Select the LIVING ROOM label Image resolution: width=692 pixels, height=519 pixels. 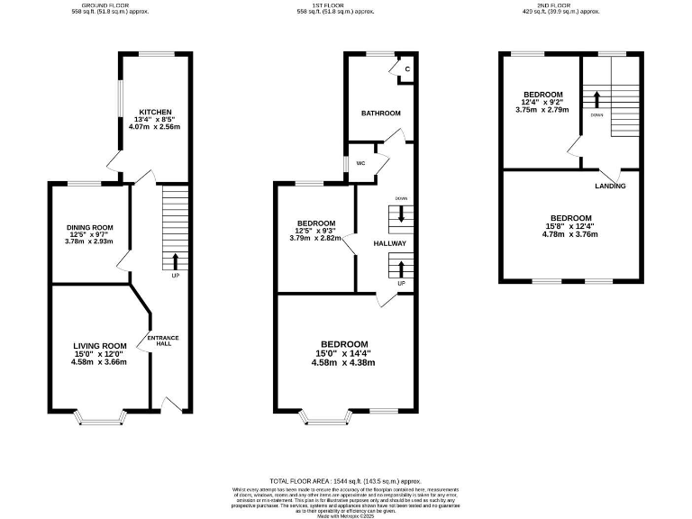(99, 346)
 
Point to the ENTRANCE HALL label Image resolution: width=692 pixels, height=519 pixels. (163, 341)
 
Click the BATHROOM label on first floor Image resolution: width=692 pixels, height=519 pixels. (380, 114)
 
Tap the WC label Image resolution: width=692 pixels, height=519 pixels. (360, 163)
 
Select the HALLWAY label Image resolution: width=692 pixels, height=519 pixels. (390, 243)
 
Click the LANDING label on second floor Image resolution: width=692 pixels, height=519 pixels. (610, 186)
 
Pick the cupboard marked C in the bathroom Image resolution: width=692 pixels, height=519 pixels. (406, 69)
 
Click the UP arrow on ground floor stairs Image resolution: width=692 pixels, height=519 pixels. (175, 262)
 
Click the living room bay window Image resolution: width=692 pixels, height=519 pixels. (100, 416)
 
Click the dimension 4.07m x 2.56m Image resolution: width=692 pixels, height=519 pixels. (154, 127)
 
